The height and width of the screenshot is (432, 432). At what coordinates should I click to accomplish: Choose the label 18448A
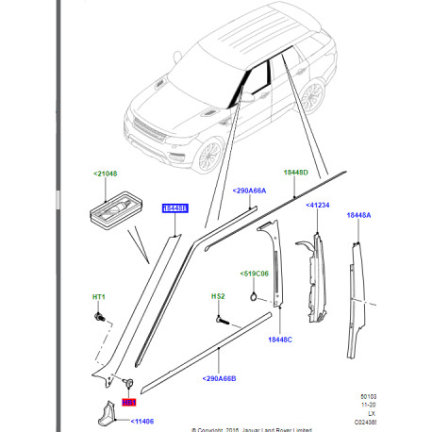pos(359,215)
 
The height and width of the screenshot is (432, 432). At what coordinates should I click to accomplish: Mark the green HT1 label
pos(98,299)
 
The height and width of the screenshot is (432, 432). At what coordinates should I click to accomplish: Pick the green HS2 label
pos(217,297)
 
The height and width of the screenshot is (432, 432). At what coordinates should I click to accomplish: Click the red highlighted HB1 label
pos(128,402)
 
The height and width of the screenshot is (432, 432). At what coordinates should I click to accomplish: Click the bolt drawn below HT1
pos(99,317)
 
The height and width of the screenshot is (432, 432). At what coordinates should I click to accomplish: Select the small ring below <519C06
pos(255,298)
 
